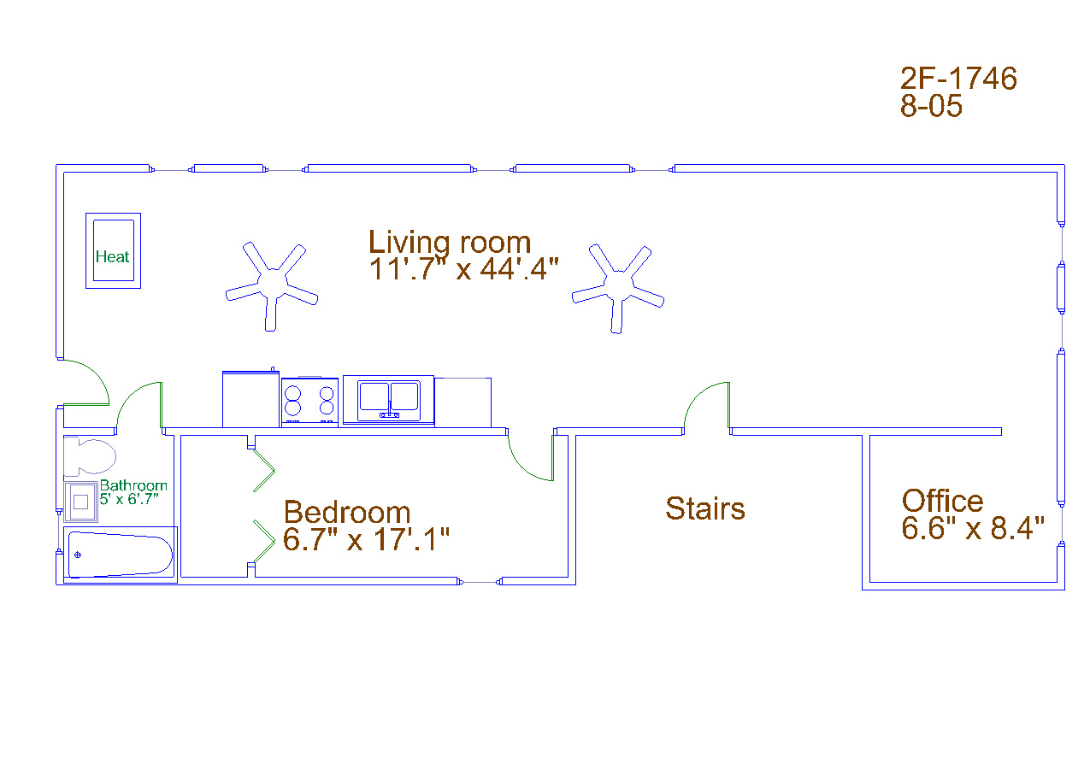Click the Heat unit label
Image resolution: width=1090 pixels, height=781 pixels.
point(112,256)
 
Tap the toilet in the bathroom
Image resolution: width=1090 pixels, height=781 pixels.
point(90,456)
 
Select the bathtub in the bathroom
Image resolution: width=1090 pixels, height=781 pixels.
point(121,555)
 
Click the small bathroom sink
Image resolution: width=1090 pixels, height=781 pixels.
point(80,502)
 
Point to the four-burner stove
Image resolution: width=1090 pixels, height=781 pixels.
point(309,402)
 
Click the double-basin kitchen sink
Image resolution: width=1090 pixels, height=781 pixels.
point(389,400)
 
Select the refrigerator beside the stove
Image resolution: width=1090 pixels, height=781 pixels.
point(250,399)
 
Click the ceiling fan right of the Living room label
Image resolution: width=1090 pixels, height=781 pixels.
point(618,287)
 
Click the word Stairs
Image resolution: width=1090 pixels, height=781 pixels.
point(705,508)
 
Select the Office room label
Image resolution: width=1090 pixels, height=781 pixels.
point(943,501)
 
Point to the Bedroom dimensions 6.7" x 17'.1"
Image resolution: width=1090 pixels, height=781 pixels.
point(366,540)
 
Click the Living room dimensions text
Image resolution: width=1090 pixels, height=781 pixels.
point(463,269)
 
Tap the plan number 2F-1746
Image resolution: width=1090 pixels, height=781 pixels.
point(958,79)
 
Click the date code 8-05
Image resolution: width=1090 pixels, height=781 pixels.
point(931,105)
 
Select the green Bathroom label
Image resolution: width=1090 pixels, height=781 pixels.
point(133,485)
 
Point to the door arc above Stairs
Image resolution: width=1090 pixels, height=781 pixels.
point(698,395)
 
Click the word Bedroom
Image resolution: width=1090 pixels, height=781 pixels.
point(347,513)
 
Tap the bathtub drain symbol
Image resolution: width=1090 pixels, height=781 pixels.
point(78,555)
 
